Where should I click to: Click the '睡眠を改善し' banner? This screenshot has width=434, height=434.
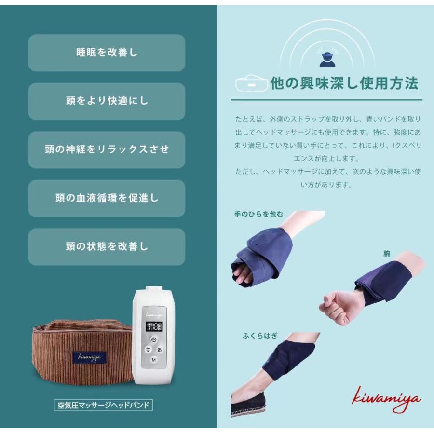[x=107, y=53]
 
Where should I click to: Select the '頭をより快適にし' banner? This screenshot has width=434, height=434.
[x=107, y=101]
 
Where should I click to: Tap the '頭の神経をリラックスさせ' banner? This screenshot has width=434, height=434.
[x=107, y=149]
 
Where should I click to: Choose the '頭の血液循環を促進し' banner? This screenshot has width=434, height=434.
[x=107, y=198]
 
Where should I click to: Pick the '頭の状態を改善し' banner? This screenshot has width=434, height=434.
[x=107, y=246]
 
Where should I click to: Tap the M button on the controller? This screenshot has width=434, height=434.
[x=153, y=360]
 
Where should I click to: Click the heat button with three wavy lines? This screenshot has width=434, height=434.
[x=159, y=350]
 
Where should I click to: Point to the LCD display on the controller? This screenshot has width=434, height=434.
[x=153, y=327]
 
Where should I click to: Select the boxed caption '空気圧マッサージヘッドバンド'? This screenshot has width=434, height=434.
[x=103, y=405]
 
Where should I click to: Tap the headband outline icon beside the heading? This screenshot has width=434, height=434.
[x=251, y=84]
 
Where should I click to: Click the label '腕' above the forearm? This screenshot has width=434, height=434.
[x=386, y=253]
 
